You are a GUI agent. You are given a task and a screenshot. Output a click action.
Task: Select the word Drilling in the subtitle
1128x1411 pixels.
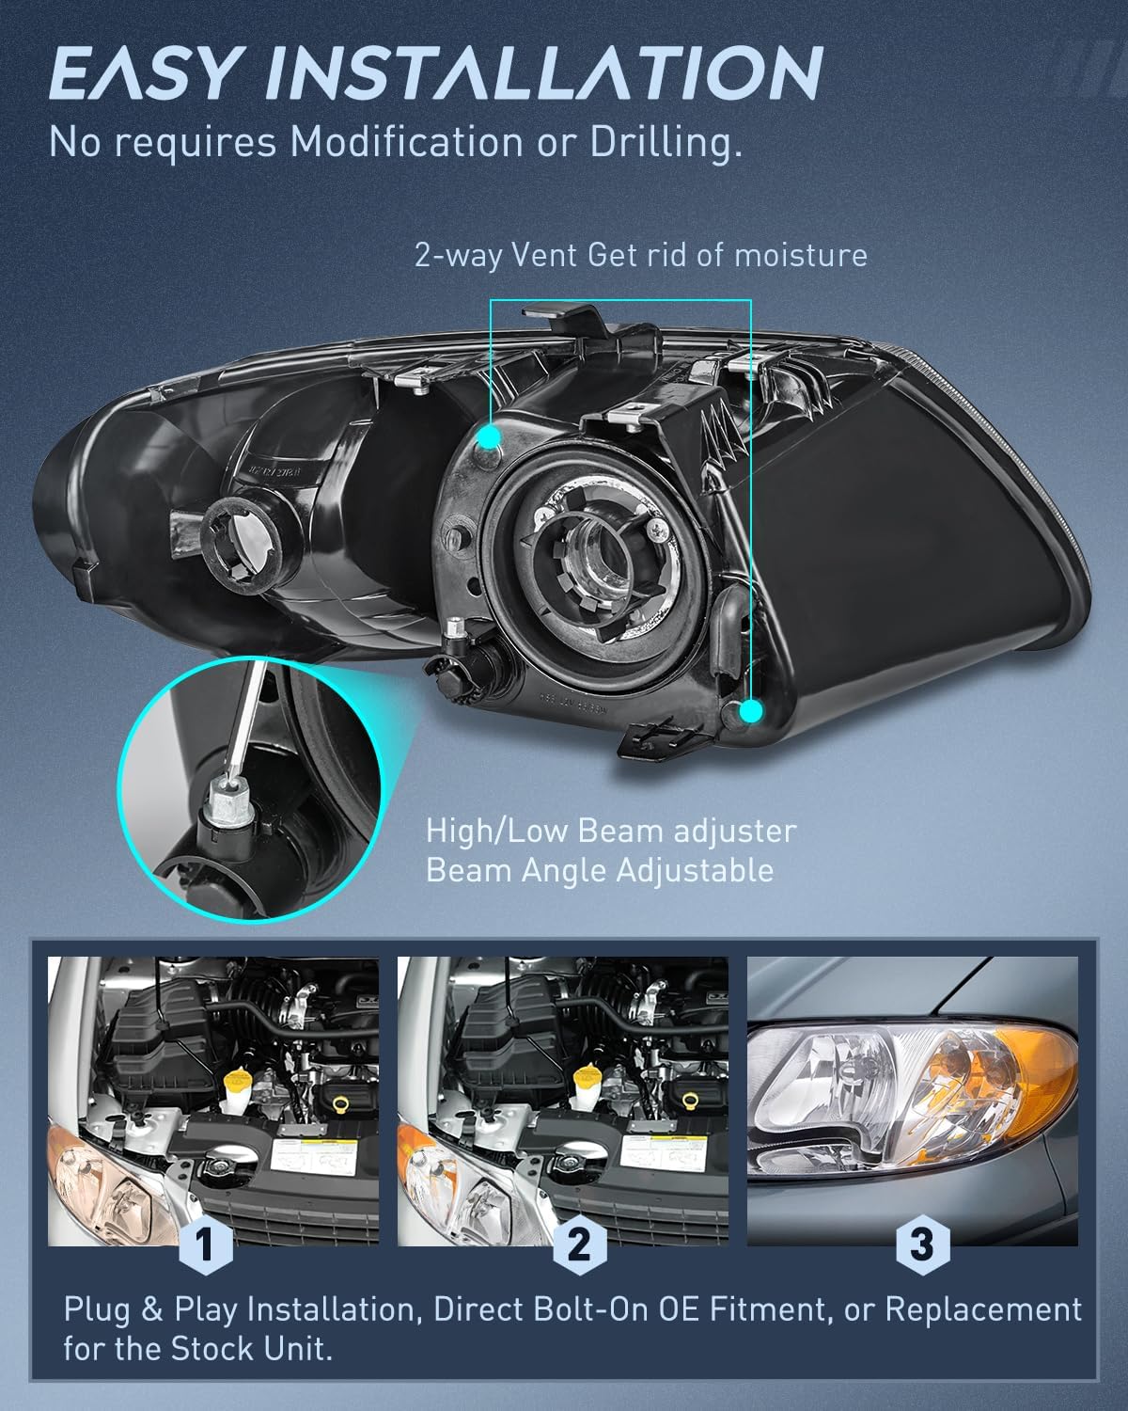pyautogui.click(x=666, y=143)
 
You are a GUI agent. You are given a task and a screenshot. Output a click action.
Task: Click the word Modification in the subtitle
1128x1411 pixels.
pyautogui.click(x=406, y=141)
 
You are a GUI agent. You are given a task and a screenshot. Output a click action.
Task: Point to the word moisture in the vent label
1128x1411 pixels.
pyautogui.click(x=800, y=254)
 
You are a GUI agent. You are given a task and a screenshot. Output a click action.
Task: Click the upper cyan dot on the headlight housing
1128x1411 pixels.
pyautogui.click(x=489, y=436)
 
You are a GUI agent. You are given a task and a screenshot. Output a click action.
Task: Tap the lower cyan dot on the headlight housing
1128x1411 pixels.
pyautogui.click(x=751, y=711)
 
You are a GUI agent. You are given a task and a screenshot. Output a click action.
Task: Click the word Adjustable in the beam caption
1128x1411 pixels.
pyautogui.click(x=695, y=871)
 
